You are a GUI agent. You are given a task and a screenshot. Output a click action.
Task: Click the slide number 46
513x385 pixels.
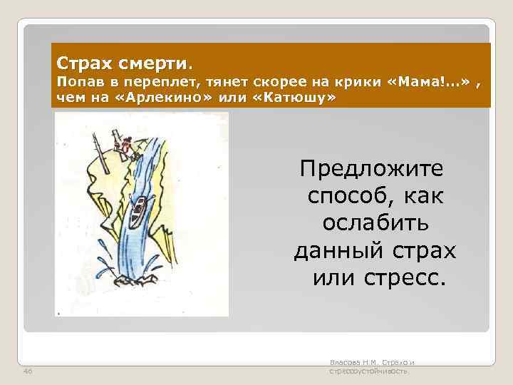pyautogui.click(x=27, y=372)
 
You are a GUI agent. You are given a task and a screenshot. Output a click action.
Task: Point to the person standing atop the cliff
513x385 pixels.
pyautogui.click(x=125, y=147)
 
